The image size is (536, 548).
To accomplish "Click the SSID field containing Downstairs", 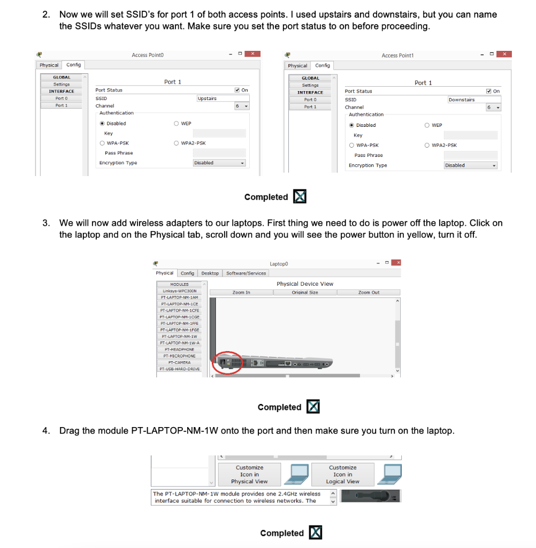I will pyautogui.click(x=474, y=100).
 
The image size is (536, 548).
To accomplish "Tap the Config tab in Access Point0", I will pyautogui.click(x=73, y=65).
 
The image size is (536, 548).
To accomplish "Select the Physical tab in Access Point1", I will pyautogui.click(x=297, y=65).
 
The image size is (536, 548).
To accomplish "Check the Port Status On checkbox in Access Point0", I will pyautogui.click(x=237, y=90).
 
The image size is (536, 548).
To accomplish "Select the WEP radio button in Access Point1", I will pyautogui.click(x=427, y=125).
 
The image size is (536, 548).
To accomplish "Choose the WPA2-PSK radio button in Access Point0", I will pyautogui.click(x=177, y=143).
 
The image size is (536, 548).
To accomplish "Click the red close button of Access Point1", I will pyautogui.click(x=503, y=54).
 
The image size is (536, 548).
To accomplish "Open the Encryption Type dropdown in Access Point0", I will pyautogui.click(x=219, y=163).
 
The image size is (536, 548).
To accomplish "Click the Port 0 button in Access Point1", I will pyautogui.click(x=310, y=100).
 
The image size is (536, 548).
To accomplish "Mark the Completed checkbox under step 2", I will pyautogui.click(x=300, y=197).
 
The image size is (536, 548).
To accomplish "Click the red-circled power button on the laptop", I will pyautogui.click(x=223, y=363).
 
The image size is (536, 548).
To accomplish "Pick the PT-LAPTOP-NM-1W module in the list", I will pyautogui.click(x=180, y=336).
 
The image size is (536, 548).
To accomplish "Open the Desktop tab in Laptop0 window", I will pyautogui.click(x=210, y=273).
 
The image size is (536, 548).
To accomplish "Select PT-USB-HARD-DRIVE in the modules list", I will pyautogui.click(x=180, y=369).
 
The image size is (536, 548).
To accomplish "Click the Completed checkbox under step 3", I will pyautogui.click(x=313, y=407).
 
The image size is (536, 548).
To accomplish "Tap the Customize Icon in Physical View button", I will pyautogui.click(x=249, y=474).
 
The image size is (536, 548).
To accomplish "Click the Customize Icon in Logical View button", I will pyautogui.click(x=342, y=474).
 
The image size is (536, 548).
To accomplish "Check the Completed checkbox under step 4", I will pyautogui.click(x=316, y=532).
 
